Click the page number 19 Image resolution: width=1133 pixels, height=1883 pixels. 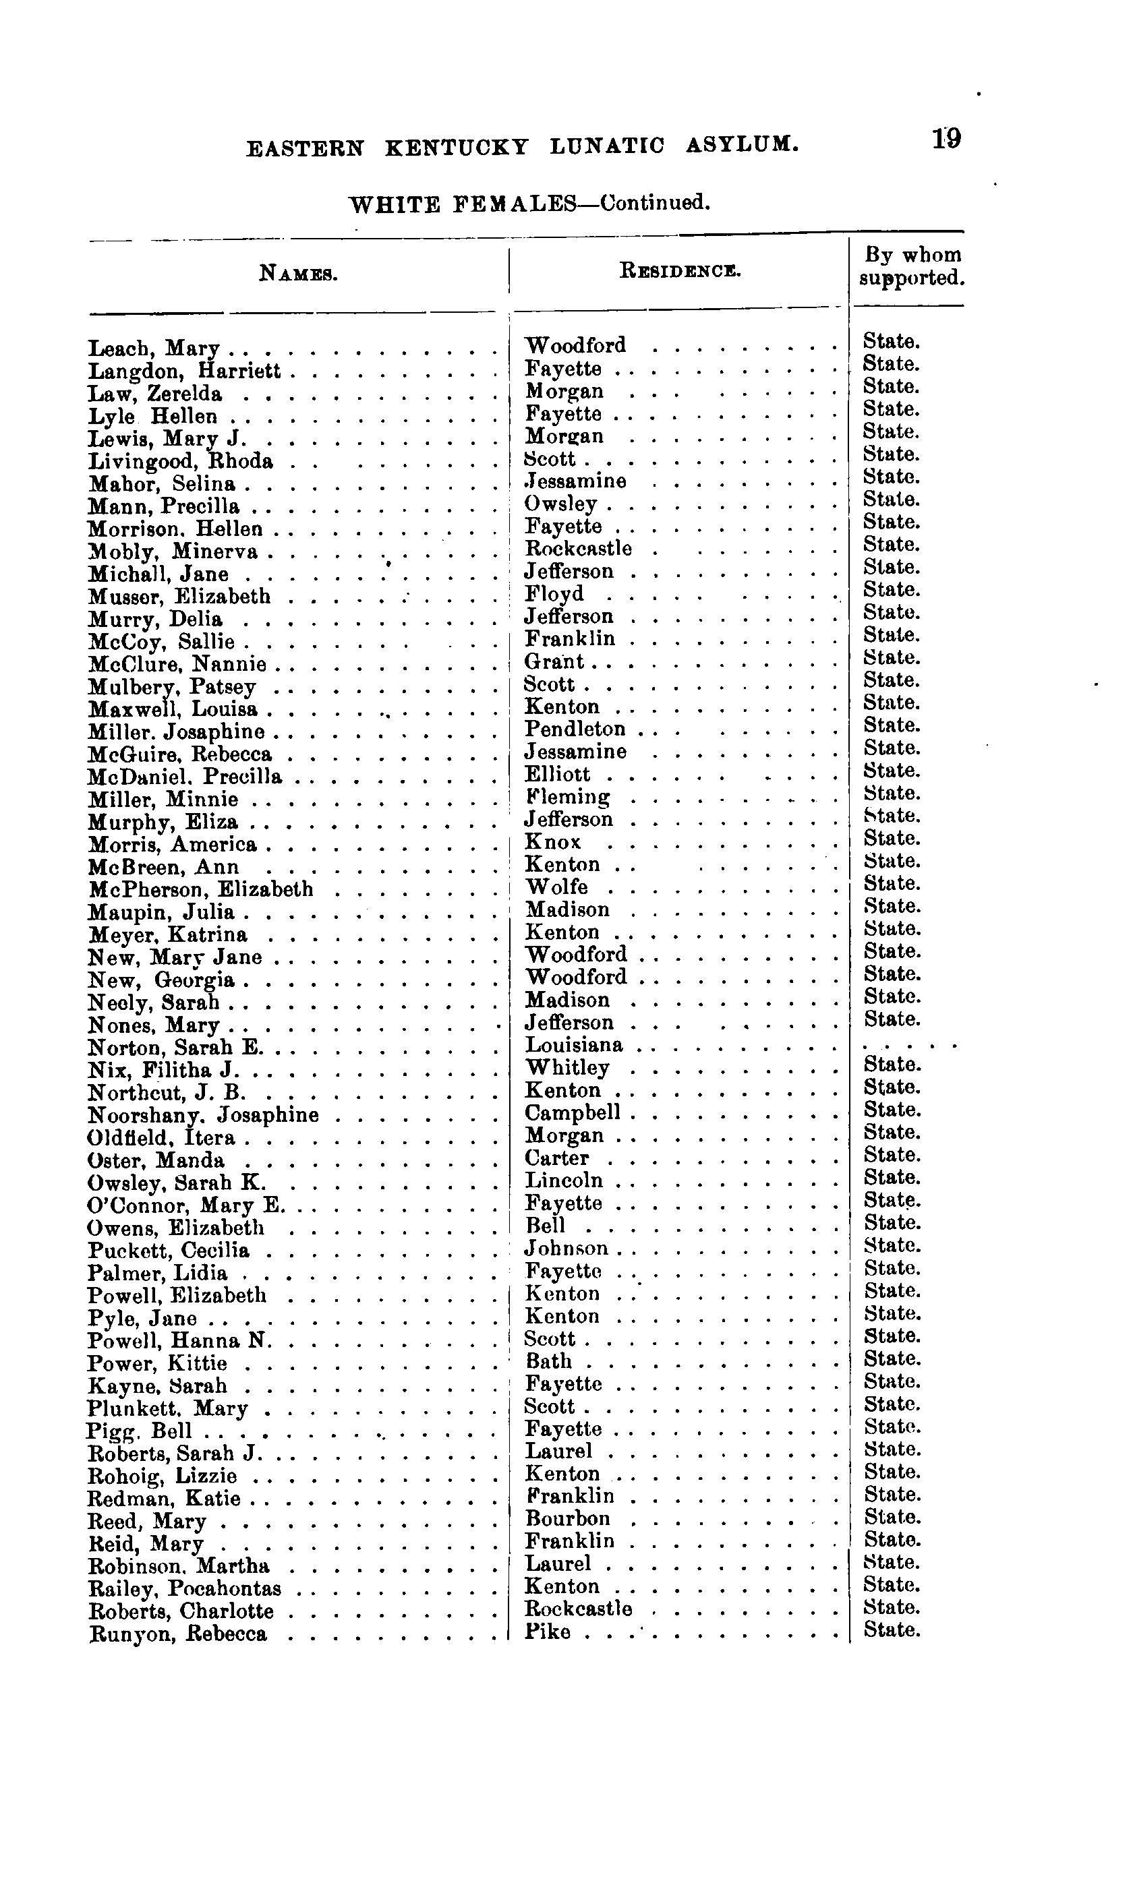coord(946,140)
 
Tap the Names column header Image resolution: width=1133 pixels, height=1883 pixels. coord(299,272)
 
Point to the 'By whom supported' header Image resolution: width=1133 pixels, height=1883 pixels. coord(911,266)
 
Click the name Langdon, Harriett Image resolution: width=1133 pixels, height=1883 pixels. coord(184,371)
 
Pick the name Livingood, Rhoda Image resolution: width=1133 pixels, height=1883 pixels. coord(180,462)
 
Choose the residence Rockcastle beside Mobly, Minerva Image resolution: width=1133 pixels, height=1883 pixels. coord(578,549)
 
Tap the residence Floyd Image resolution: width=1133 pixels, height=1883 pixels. coord(554,594)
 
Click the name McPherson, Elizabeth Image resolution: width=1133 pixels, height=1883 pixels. coord(200,889)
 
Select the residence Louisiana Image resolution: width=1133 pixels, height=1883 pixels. coord(573,1045)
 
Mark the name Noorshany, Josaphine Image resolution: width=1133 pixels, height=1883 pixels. coord(203,1115)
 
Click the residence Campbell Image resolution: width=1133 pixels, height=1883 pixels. coord(573,1113)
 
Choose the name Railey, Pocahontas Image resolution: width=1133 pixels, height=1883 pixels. coord(185,1589)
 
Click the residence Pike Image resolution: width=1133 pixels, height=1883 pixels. coord(548,1632)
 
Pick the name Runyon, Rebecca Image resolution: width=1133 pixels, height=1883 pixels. coord(178,1634)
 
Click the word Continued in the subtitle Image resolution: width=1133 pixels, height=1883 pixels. coord(655,203)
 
